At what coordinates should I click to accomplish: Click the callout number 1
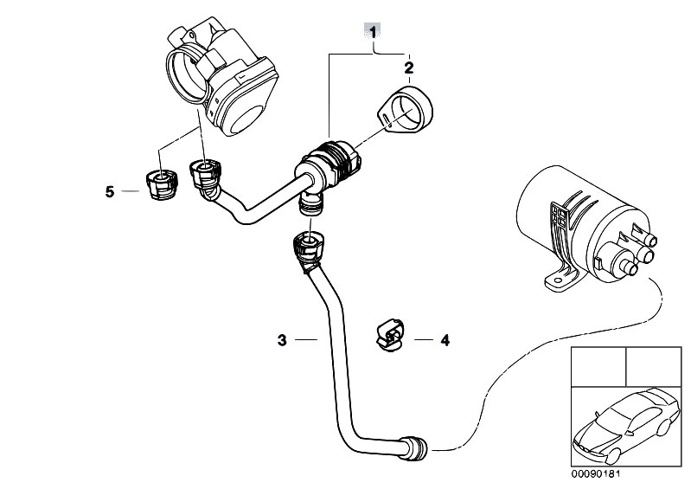[x=373, y=33]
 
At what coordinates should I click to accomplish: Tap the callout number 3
[x=282, y=341]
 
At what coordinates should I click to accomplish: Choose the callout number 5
[x=110, y=192]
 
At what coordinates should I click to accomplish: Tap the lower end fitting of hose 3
[x=416, y=447]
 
